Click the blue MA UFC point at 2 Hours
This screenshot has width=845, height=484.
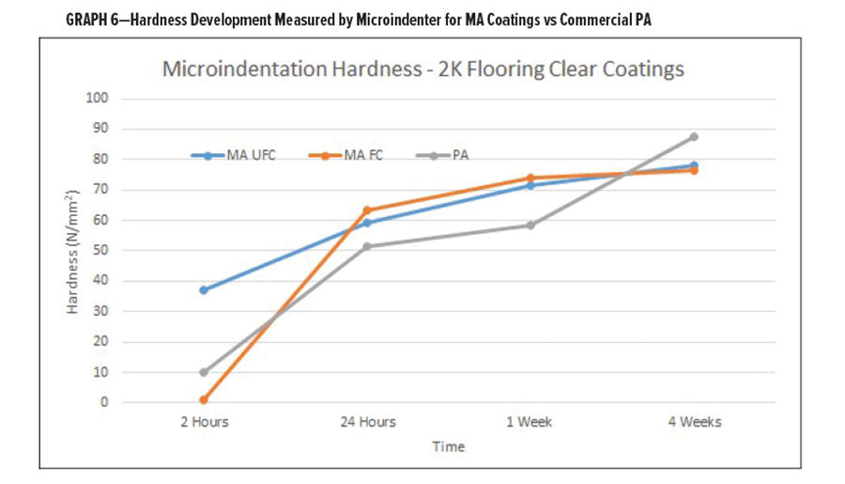(x=203, y=289)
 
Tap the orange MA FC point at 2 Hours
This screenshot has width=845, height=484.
(x=203, y=399)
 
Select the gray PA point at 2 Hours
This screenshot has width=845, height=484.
(x=203, y=372)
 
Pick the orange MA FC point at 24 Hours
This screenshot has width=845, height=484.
(x=366, y=211)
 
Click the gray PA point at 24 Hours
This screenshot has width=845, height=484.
(x=366, y=246)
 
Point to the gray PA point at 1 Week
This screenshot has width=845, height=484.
(x=530, y=225)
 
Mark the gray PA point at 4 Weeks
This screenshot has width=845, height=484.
(x=694, y=136)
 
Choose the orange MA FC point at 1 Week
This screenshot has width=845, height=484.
(x=530, y=178)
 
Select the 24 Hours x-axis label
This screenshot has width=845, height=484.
(x=366, y=422)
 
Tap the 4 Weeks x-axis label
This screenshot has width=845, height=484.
(x=694, y=422)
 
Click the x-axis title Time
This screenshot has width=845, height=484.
(x=448, y=446)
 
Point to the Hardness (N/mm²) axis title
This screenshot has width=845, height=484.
(x=72, y=251)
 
